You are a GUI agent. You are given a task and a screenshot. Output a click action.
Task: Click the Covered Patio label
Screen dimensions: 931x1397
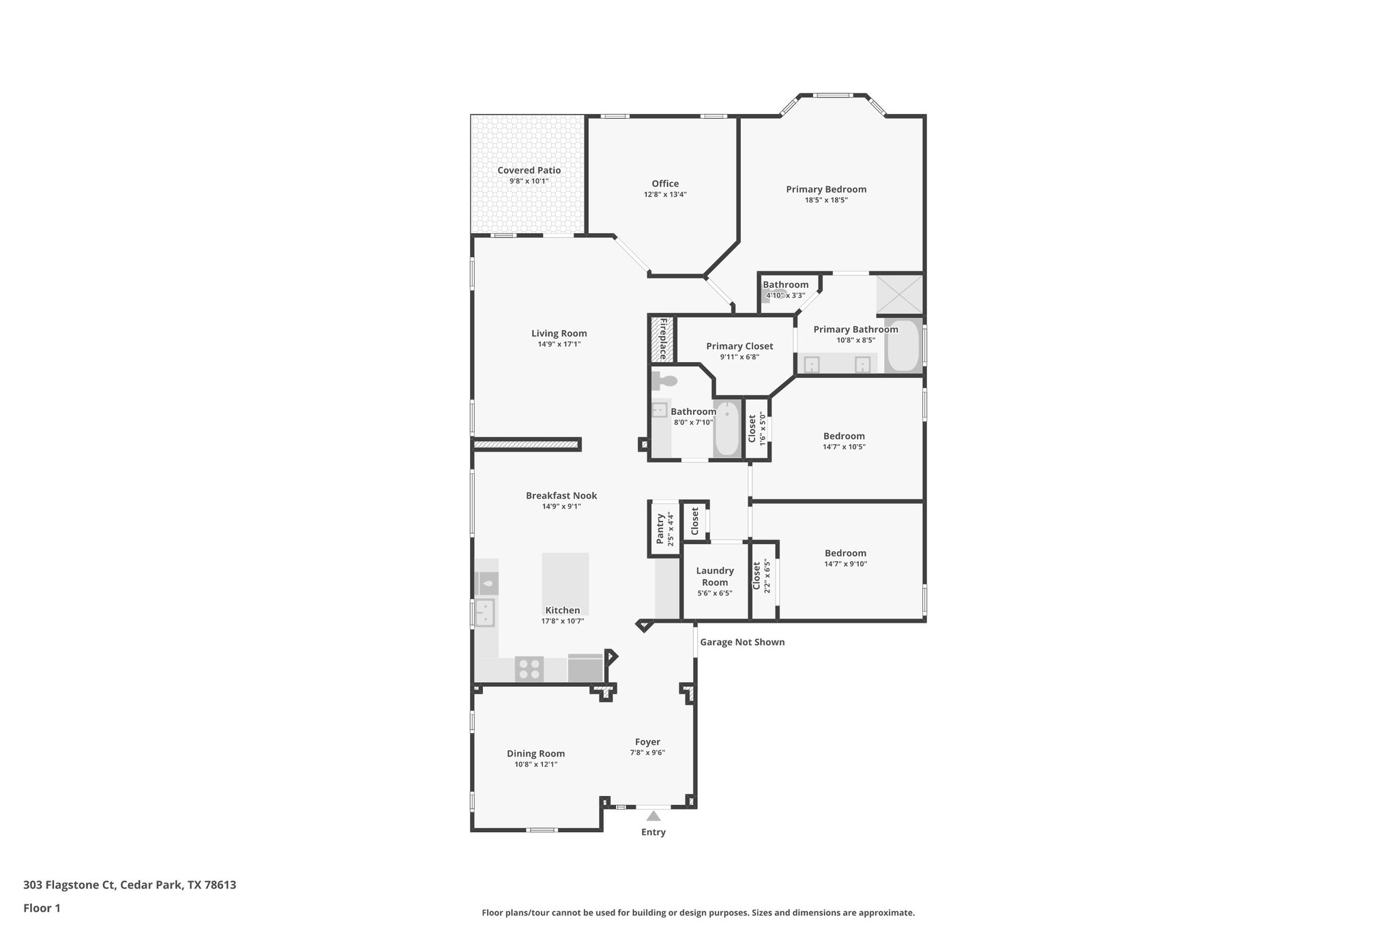529,171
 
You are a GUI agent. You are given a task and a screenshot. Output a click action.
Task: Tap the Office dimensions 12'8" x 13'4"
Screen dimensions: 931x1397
665,194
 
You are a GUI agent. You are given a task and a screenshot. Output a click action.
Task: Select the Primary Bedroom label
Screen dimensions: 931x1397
826,190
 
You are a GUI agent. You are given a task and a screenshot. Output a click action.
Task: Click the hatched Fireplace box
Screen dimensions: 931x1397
662,339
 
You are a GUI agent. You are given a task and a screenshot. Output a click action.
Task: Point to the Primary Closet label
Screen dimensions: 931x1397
739,346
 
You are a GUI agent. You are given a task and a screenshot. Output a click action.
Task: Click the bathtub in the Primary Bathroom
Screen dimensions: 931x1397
904,345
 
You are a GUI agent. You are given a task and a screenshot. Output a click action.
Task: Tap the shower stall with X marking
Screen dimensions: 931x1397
899,295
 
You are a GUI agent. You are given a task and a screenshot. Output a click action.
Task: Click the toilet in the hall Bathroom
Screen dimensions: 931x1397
664,381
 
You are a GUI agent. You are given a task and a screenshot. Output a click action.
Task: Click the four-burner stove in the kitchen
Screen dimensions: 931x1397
529,668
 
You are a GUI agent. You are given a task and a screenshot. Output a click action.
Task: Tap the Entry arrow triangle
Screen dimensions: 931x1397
653,816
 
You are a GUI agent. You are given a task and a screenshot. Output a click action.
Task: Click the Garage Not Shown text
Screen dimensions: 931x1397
742,642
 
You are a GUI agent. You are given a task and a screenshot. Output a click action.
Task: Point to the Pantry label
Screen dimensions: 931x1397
660,529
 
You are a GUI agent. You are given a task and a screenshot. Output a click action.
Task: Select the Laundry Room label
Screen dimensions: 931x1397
715,576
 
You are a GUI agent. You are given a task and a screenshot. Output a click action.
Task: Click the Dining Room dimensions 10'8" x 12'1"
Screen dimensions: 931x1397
535,765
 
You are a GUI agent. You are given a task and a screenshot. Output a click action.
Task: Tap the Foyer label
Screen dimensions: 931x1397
647,742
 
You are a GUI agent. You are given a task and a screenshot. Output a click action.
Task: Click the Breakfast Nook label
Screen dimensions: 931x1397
561,496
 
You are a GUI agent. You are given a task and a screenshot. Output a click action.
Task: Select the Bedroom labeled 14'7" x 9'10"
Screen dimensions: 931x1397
845,553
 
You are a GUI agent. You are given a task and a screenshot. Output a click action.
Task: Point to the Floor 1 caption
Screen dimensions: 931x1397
42,908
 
